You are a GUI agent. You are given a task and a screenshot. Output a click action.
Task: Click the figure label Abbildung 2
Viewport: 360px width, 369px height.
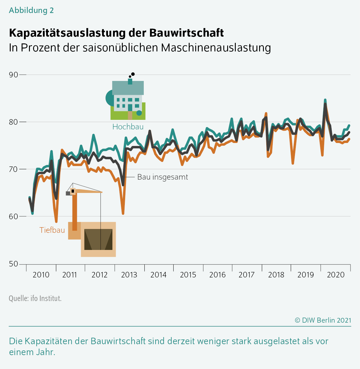pyautogui.click(x=31, y=10)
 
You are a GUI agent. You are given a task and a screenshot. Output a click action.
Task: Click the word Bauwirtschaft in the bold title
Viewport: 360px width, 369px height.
pyautogui.click(x=186, y=33)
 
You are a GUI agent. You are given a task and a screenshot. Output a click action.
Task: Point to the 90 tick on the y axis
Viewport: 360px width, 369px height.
pyautogui.click(x=14, y=75)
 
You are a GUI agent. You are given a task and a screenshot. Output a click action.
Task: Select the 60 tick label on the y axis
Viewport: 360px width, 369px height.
pyautogui.click(x=14, y=216)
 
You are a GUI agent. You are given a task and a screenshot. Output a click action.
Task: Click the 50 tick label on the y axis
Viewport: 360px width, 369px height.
pyautogui.click(x=14, y=264)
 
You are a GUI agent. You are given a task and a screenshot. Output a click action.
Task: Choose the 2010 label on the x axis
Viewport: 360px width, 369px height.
pyautogui.click(x=41, y=275)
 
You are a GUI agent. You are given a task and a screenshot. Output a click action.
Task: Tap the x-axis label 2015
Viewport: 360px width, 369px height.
pyautogui.click(x=188, y=275)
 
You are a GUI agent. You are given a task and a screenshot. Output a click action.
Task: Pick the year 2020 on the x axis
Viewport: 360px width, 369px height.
pyautogui.click(x=335, y=275)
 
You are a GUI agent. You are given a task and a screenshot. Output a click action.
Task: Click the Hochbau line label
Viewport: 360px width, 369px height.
pyautogui.click(x=128, y=127)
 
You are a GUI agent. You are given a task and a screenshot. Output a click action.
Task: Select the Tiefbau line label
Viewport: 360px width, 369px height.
pyautogui.click(x=52, y=230)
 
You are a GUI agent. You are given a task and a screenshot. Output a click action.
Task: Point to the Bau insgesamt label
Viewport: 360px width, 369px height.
pyautogui.click(x=162, y=177)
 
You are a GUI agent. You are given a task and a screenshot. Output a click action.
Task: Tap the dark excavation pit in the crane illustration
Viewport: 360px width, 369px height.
pyautogui.click(x=98, y=239)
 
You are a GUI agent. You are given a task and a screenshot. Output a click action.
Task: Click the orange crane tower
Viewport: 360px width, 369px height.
pyautogui.click(x=75, y=211)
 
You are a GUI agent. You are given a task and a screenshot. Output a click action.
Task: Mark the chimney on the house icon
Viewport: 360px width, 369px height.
pyautogui.click(x=130, y=81)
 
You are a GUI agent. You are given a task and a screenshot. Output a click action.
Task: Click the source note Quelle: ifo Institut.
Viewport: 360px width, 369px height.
pyautogui.click(x=35, y=298)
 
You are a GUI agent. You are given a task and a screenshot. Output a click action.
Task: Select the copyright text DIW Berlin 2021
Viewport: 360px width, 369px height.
pyautogui.click(x=323, y=320)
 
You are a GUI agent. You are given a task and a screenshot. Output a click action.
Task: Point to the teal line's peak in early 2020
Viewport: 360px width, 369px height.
pyautogui.click(x=325, y=100)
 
